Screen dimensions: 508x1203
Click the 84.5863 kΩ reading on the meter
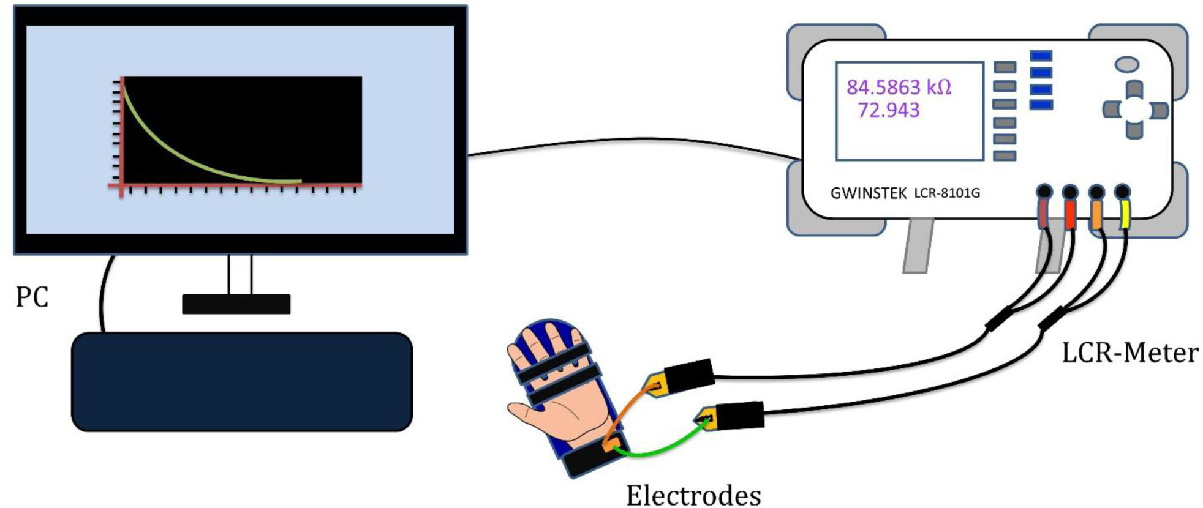899,88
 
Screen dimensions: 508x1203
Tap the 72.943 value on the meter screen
888,110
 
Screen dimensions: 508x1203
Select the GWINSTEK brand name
868,193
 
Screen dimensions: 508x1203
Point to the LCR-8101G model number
947,193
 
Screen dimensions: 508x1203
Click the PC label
32,297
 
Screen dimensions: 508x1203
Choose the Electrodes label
693,495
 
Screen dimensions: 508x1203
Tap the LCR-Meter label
1130,353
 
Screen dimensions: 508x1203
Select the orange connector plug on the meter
1096,217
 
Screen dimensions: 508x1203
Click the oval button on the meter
1127,64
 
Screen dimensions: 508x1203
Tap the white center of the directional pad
1135,110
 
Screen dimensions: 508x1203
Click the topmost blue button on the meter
1041,56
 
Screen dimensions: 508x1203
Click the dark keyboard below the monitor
242,381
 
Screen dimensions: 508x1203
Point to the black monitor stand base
236,304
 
